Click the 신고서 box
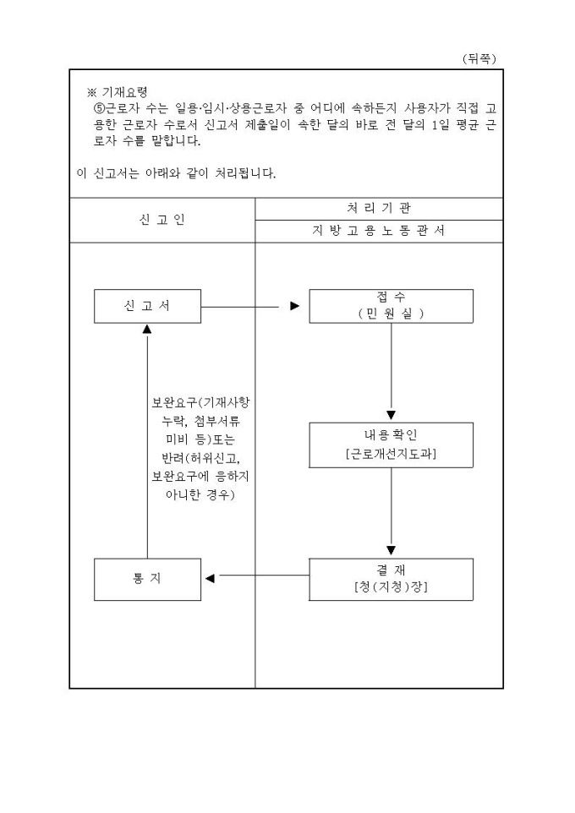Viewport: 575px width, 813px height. click(x=147, y=305)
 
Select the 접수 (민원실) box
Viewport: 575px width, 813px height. click(x=391, y=305)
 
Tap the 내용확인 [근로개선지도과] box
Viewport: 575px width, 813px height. click(x=391, y=444)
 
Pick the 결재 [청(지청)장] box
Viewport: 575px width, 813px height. click(x=391, y=579)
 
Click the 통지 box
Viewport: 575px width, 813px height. click(x=147, y=579)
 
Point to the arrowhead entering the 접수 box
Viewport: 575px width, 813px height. click(x=294, y=306)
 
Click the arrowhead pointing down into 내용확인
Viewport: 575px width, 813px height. click(x=391, y=415)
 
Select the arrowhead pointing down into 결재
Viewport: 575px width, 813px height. click(x=391, y=550)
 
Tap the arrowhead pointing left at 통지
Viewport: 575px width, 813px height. click(x=210, y=579)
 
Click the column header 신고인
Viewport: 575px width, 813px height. click(x=162, y=221)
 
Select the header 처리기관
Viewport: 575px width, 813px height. click(x=379, y=208)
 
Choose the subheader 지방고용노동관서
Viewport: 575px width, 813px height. click(x=379, y=232)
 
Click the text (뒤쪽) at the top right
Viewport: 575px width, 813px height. click(x=479, y=57)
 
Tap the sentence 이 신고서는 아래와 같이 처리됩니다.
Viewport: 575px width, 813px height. click(x=176, y=174)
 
